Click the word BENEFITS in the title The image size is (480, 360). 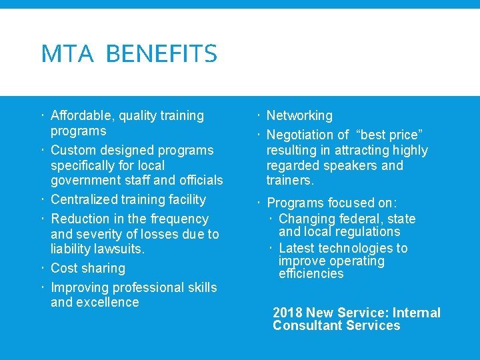tap(161, 54)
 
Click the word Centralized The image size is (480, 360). tap(85, 199)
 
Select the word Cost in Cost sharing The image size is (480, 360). tap(64, 268)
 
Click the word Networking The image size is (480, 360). tap(299, 116)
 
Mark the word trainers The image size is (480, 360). tap(290, 180)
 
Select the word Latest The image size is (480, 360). tap(297, 248)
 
